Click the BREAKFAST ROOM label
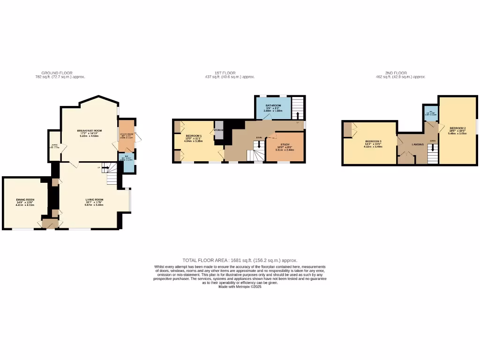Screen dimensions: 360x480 [x=90, y=131]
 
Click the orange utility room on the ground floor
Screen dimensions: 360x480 [x=126, y=135]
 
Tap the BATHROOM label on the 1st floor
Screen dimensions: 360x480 [x=273, y=105]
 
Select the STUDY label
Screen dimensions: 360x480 [x=285, y=145]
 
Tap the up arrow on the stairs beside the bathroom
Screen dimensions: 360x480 [x=298, y=115]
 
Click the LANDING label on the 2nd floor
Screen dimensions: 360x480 [x=418, y=144]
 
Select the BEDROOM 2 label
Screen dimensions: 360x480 [x=457, y=128]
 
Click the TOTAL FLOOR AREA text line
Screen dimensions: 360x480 [x=240, y=260]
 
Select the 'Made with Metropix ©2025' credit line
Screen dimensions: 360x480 [x=240, y=286]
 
